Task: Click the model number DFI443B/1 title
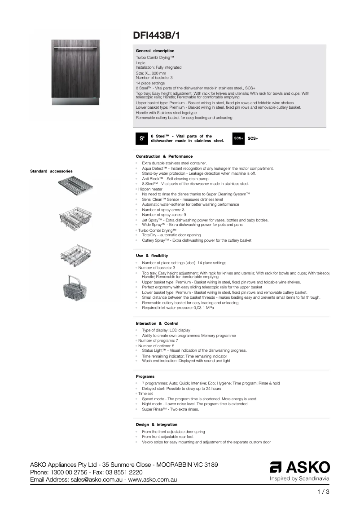[x=157, y=35]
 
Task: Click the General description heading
[x=155, y=51]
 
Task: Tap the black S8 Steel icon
[x=141, y=138]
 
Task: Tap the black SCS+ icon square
[x=238, y=138]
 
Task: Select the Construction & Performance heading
[x=164, y=156]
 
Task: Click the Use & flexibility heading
[x=152, y=256]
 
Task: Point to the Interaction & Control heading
[x=157, y=323]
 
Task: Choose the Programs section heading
[x=145, y=376]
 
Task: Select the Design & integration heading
[x=156, y=425]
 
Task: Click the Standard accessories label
[x=51, y=171]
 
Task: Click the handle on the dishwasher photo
[x=75, y=47]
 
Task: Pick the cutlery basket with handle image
[x=75, y=288]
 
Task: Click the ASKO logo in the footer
[x=299, y=467]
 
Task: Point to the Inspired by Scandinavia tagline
[x=299, y=479]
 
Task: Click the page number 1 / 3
[x=323, y=492]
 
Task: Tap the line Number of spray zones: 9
[x=164, y=215]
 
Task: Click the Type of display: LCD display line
[x=166, y=330]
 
